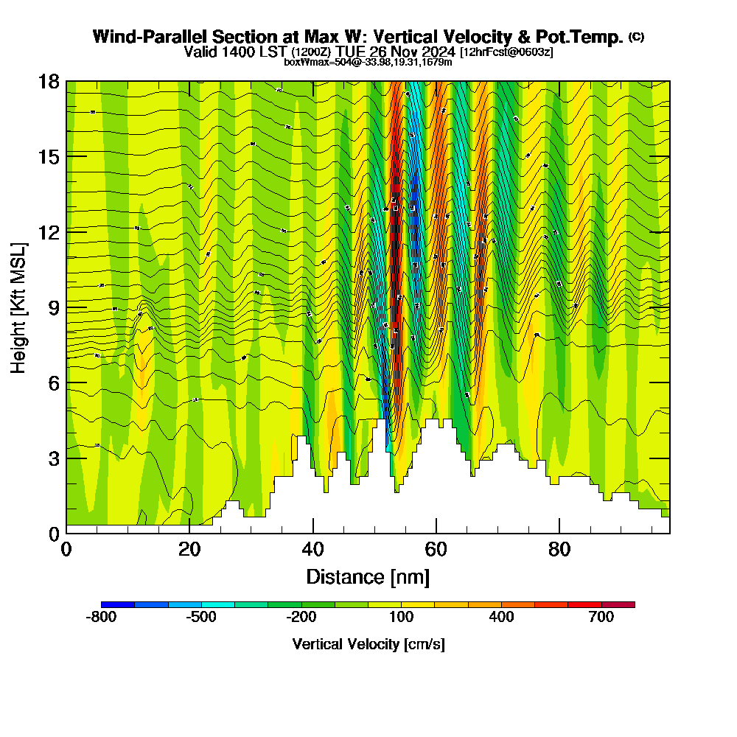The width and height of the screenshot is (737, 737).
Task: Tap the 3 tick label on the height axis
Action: click(x=53, y=458)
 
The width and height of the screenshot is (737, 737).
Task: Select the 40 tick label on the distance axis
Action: click(x=313, y=549)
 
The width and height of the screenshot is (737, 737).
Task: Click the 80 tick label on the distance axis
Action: click(x=560, y=549)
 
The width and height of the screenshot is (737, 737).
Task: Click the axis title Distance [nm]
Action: click(x=368, y=576)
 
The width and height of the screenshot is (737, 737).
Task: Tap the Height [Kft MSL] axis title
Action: click(x=18, y=307)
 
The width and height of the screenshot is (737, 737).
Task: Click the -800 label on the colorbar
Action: click(x=102, y=618)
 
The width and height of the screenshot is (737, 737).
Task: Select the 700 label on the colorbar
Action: click(x=601, y=618)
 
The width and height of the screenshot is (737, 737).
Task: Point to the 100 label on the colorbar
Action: click(x=401, y=618)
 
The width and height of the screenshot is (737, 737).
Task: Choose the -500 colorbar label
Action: click(x=201, y=618)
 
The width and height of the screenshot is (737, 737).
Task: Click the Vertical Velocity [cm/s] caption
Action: click(x=368, y=644)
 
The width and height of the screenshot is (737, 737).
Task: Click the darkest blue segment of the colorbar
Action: click(x=118, y=604)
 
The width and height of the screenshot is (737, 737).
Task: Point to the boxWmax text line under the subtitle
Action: click(x=368, y=62)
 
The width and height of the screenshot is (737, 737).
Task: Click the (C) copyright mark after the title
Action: click(x=636, y=36)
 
